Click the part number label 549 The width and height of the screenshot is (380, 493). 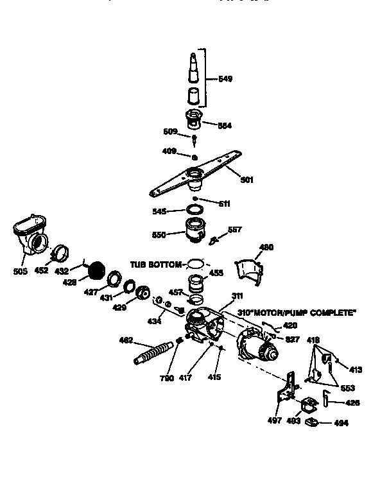click(225, 79)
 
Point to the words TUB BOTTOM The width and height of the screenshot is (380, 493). click(156, 264)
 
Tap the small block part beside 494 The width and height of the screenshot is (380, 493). click(313, 422)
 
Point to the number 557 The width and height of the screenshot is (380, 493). click(235, 230)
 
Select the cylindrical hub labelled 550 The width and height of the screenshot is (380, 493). click(195, 230)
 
